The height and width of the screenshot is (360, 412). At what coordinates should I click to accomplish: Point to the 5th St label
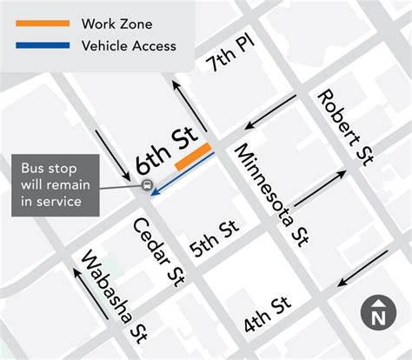pos(214,241)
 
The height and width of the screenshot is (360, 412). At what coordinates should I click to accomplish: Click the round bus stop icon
pos(146,185)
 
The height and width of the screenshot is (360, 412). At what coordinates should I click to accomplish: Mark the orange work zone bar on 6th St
pos(192,157)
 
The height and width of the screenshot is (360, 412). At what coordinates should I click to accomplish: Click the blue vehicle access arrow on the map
pos(183,175)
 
